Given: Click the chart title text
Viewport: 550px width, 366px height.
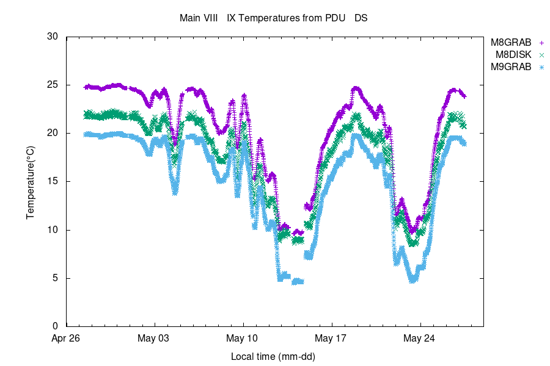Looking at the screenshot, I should (x=273, y=18).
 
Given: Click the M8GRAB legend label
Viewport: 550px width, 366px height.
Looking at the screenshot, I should (x=512, y=43).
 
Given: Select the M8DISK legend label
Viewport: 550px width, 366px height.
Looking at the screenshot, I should (x=513, y=55).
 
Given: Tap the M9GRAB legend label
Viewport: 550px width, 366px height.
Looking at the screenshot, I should (x=512, y=67).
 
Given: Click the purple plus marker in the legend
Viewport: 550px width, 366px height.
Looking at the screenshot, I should (x=541, y=43).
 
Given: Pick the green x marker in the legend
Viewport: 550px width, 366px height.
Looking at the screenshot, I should (x=541, y=55).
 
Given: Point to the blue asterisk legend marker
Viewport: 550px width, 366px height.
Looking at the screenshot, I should (x=541, y=67).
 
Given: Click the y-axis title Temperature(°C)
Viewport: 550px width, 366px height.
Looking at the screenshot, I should (x=30, y=182).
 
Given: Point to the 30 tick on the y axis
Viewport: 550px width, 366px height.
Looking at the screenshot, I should (x=53, y=37).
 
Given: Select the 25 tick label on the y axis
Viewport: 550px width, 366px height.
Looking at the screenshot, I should (x=53, y=85).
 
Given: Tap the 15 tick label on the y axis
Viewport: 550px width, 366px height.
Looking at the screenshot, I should (x=53, y=182).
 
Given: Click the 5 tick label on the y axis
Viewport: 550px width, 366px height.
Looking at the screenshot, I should (x=55, y=278).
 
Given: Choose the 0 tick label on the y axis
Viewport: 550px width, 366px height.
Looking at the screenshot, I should (x=55, y=326).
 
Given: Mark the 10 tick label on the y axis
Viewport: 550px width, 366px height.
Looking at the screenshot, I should (x=53, y=230).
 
